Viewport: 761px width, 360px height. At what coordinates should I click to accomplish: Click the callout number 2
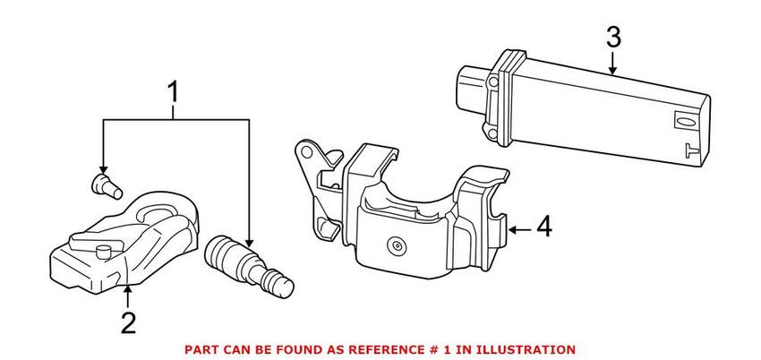(x=128, y=321)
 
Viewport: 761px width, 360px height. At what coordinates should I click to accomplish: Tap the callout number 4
(x=543, y=228)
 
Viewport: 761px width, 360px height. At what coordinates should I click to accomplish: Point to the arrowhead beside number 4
(x=511, y=229)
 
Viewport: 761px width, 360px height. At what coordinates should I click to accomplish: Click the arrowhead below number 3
(x=612, y=68)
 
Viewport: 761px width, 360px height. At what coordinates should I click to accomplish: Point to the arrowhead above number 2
(x=128, y=288)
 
